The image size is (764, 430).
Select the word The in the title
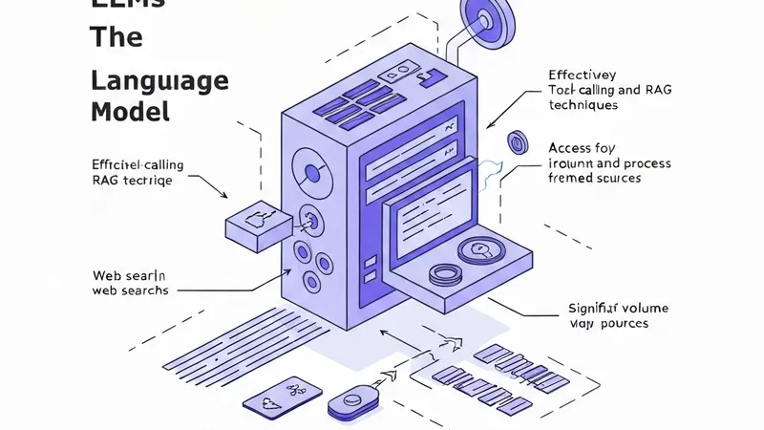coord(116,38)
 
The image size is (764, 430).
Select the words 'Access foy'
coord(583,148)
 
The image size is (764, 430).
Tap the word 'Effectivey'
coord(583,75)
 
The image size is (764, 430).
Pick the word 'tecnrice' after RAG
coord(149,180)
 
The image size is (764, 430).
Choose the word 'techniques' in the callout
coord(584,105)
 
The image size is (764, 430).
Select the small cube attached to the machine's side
coord(256,225)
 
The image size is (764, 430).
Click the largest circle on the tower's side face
coord(311,174)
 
